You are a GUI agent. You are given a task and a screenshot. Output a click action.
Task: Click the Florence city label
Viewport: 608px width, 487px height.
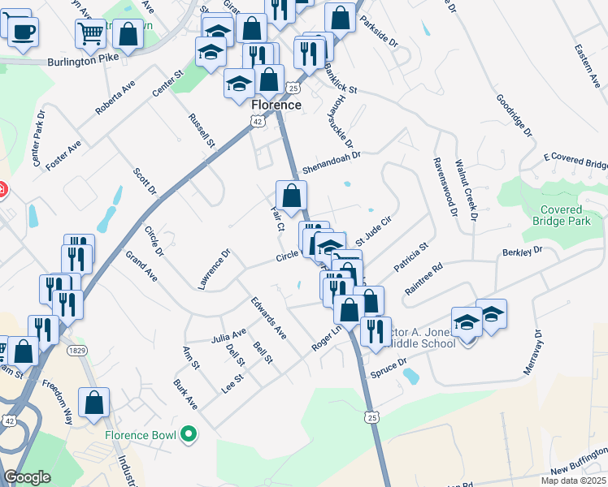tap(276, 106)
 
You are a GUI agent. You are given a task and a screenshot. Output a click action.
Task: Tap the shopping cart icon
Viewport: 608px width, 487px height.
tap(91, 33)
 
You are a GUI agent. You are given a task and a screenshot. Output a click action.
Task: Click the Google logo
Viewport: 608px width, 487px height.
tap(27, 477)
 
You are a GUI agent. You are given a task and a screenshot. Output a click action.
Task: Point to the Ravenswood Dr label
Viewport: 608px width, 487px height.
tap(442, 187)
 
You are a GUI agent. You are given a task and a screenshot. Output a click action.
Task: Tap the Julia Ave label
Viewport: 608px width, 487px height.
tap(228, 335)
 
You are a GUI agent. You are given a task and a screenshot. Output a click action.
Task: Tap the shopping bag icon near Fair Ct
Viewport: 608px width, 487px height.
tap(291, 195)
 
